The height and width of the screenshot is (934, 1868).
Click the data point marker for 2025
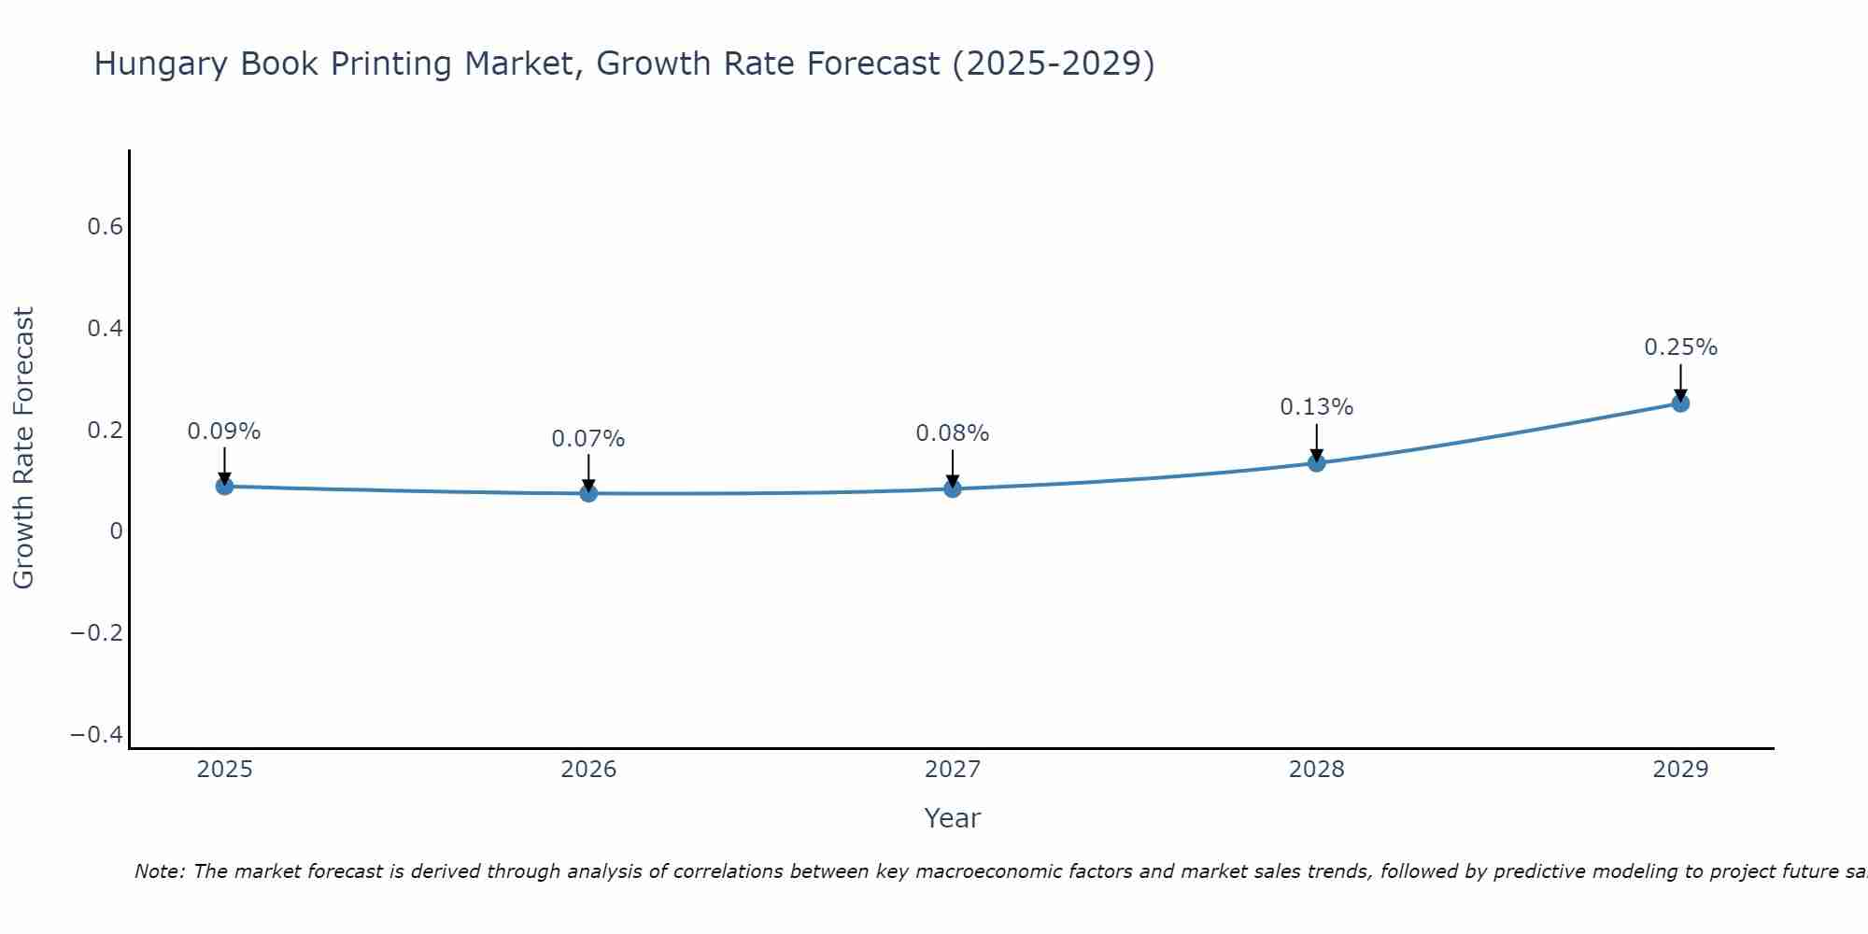coord(224,486)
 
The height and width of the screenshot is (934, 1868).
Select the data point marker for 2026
coord(588,492)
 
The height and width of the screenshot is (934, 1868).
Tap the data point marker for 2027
coord(953,488)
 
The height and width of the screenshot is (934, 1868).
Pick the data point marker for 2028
coord(1317,462)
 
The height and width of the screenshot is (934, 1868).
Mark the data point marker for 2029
coord(1680,403)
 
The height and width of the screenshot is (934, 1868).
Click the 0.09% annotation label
coord(224,432)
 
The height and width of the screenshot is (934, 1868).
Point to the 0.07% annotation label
coord(588,439)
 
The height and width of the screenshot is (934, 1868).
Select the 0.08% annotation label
coord(953,433)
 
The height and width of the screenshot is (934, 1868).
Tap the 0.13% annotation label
coord(1317,407)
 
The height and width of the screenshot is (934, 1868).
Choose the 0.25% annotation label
coord(1680,347)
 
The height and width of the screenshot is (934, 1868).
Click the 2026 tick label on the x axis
coord(588,770)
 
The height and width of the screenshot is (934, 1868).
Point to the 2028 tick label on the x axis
coord(1317,770)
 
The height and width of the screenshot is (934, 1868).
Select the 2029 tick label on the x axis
coord(1680,770)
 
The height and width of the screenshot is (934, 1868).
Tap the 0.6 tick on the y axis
coord(105,227)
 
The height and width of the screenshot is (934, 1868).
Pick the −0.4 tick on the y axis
coord(97,735)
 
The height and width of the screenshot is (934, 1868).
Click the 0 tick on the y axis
coord(116,531)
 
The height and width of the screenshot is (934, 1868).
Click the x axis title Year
coord(953,818)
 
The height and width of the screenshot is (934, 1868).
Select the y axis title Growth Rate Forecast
coord(23,447)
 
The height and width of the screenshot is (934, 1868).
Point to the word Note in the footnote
coord(159,871)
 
